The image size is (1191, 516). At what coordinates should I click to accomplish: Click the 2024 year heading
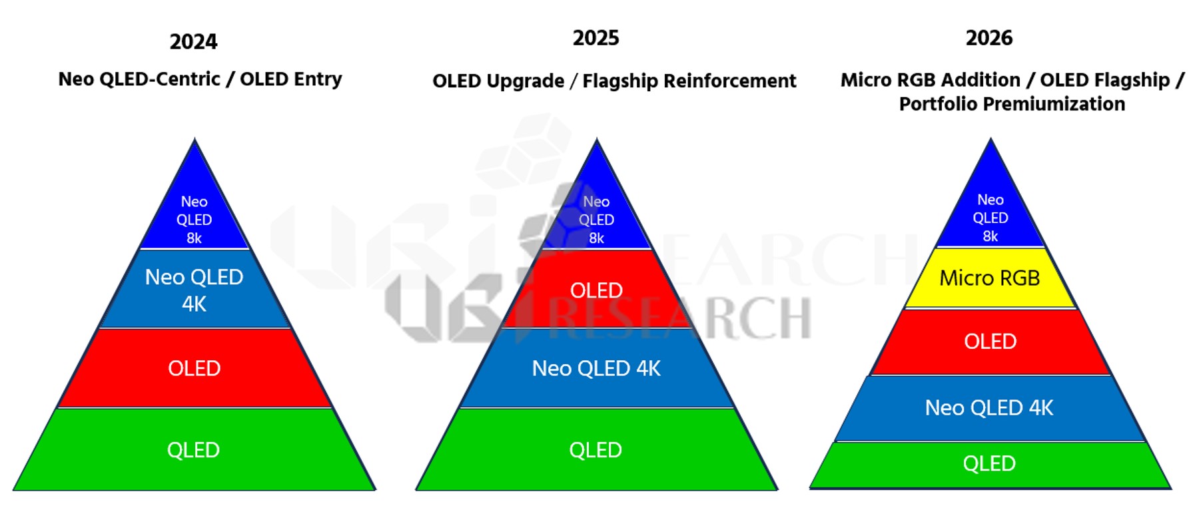[193, 42]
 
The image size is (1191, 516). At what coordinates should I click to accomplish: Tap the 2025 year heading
[595, 38]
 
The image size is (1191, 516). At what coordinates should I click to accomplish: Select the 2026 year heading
[989, 38]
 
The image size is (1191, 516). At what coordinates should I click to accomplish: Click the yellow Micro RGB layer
[989, 278]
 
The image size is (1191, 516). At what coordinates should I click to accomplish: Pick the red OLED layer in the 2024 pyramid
[194, 368]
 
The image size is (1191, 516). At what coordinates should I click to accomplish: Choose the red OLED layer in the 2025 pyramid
[596, 290]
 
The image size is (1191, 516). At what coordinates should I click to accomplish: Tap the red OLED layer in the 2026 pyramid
[990, 342]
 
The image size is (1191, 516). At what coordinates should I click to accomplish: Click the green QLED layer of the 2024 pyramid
[193, 450]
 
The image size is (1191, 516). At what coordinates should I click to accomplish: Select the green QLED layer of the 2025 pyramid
[595, 450]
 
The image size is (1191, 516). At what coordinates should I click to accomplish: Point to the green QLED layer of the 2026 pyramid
[989, 463]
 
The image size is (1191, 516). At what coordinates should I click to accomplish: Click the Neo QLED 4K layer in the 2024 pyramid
[194, 290]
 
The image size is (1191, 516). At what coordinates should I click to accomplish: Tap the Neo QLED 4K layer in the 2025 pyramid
[596, 368]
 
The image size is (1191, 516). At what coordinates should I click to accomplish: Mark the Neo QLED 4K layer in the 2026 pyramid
[989, 407]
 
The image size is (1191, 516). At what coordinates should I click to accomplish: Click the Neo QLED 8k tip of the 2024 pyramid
[194, 220]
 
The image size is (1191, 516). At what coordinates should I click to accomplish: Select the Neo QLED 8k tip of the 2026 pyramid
[990, 218]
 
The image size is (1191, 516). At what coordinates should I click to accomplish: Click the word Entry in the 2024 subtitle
[318, 79]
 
